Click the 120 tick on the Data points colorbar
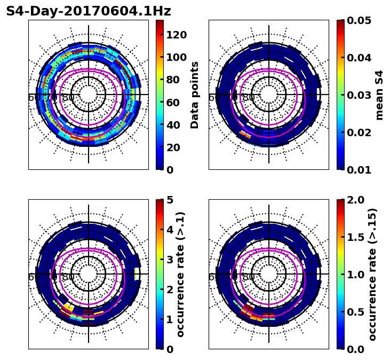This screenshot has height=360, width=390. pyautogui.click(x=176, y=35)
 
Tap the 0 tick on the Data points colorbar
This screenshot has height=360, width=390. pyautogui.click(x=169, y=170)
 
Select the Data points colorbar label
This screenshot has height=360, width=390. pyautogui.click(x=195, y=95)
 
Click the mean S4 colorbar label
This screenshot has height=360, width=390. pyautogui.click(x=379, y=95)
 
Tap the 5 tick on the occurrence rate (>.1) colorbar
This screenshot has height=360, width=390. pyautogui.click(x=169, y=200)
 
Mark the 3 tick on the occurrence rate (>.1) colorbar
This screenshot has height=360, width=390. pyautogui.click(x=169, y=260)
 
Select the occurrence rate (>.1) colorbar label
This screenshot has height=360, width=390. pyautogui.click(x=180, y=274)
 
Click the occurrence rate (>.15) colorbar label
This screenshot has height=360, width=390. pyautogui.click(x=372, y=274)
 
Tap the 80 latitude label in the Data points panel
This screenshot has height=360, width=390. pyautogui.click(x=68, y=98)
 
